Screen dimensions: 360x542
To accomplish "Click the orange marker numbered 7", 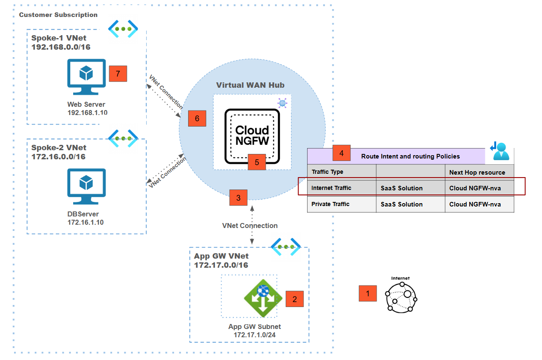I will point(118,74).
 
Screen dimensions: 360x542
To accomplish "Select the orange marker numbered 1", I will point(368,293).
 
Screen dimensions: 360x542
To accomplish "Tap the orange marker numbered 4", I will point(341,153).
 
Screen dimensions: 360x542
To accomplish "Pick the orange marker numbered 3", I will point(238,198).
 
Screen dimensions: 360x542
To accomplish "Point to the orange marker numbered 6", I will point(197,118).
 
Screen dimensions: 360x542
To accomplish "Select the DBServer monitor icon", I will point(86,186).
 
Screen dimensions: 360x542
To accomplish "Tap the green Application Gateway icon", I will point(263,298).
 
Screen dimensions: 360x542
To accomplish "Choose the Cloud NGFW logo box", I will point(252,136).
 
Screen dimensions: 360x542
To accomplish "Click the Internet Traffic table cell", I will point(332,188).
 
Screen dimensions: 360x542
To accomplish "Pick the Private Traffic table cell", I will point(330,204).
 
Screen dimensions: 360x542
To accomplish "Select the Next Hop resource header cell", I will point(477,172).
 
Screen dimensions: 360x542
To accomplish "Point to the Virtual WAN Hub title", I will point(250,85).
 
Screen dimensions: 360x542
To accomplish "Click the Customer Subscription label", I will point(58,15).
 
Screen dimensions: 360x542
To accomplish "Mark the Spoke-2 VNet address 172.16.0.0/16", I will point(58,157).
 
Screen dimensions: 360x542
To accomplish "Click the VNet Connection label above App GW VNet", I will point(250,226).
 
